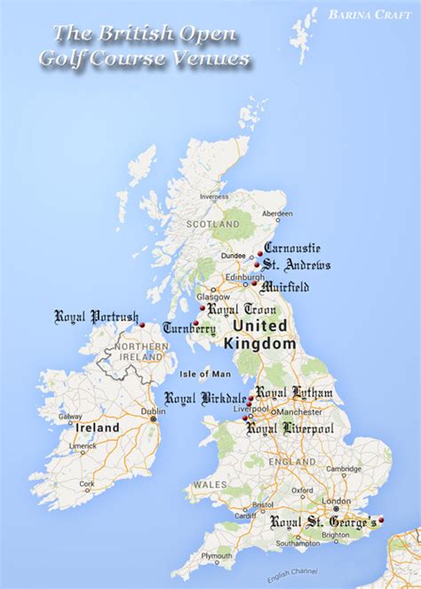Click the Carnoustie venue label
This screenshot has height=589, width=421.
[293, 249]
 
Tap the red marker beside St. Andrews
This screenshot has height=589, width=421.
[257, 265]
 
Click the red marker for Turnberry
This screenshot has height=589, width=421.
[195, 322]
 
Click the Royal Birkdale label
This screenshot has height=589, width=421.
[203, 398]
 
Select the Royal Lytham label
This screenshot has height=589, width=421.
[294, 393]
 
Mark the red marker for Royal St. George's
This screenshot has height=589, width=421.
[382, 520]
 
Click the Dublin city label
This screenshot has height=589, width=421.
[153, 411]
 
